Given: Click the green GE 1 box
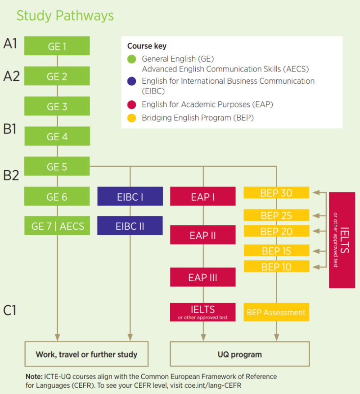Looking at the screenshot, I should tap(57, 46).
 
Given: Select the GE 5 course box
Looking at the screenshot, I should tap(57, 167).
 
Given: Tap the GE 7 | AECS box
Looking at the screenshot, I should tap(57, 226).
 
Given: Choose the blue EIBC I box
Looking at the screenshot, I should tap(130, 197).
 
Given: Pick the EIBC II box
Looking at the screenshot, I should tap(130, 226).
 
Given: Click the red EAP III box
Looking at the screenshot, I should tap(202, 277).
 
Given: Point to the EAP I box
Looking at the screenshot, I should tap(202, 197).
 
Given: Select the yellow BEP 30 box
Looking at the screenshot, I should tap(276, 193).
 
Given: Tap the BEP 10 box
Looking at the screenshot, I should tap(276, 266).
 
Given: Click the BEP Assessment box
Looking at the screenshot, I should tap(276, 312).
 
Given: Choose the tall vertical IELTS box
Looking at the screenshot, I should tap(342, 240).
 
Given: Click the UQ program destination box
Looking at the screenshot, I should tap(239, 354).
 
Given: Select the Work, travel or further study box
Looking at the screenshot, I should tap(86, 354).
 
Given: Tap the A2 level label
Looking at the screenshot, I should tap(11, 76).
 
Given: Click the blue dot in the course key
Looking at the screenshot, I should tap(132, 81).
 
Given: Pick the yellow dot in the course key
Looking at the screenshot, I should tap(132, 118).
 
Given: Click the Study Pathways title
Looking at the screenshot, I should tap(65, 16).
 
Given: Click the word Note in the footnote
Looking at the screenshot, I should tap(34, 376).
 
